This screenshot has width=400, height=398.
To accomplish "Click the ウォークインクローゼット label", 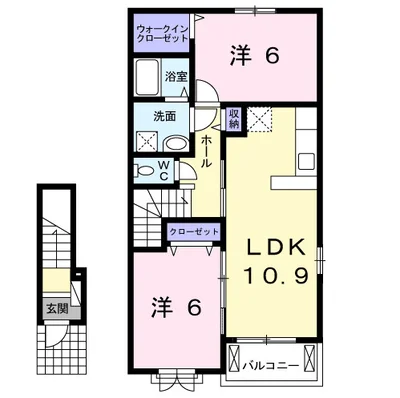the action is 162,33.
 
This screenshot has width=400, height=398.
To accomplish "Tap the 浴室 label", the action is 176,77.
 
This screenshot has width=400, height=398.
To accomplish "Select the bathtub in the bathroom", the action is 147,77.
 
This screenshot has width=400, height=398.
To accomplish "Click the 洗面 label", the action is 164,116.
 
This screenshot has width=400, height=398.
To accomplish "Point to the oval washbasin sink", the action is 177,144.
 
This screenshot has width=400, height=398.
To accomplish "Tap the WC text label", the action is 163,171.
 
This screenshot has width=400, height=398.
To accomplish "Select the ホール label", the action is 206,152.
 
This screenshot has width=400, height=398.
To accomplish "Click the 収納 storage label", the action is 234,119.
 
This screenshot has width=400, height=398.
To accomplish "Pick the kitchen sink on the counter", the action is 307,162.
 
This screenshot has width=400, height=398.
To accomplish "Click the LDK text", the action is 276,247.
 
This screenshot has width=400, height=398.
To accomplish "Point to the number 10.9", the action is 276,275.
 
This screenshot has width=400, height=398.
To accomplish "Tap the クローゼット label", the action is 194,232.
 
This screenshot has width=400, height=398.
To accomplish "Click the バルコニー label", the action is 270,366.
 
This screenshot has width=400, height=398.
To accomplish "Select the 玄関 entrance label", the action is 57,309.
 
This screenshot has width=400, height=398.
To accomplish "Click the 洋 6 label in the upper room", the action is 254,56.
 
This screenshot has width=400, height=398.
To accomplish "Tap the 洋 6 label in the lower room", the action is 177,307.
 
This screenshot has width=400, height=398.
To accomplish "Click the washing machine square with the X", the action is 147,141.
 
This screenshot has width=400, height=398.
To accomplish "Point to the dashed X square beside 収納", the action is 260,119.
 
